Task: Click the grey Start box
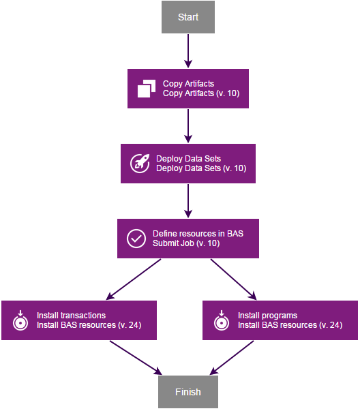click(187, 17)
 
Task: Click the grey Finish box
click(187, 392)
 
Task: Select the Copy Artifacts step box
click(187, 88)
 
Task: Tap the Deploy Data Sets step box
click(187, 163)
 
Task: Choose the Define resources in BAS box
click(187, 238)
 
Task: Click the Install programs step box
click(280, 320)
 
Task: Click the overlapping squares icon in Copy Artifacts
click(147, 89)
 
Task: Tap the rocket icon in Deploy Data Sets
click(140, 164)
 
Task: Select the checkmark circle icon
click(136, 239)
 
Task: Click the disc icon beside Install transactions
click(20, 320)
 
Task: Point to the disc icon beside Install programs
click(221, 320)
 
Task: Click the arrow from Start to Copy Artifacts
click(187, 50)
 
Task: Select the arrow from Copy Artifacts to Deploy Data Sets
click(187, 125)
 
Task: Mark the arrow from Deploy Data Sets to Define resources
click(187, 200)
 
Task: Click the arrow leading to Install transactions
click(135, 279)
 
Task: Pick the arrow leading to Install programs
click(233, 279)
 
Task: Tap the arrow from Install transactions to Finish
click(135, 357)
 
